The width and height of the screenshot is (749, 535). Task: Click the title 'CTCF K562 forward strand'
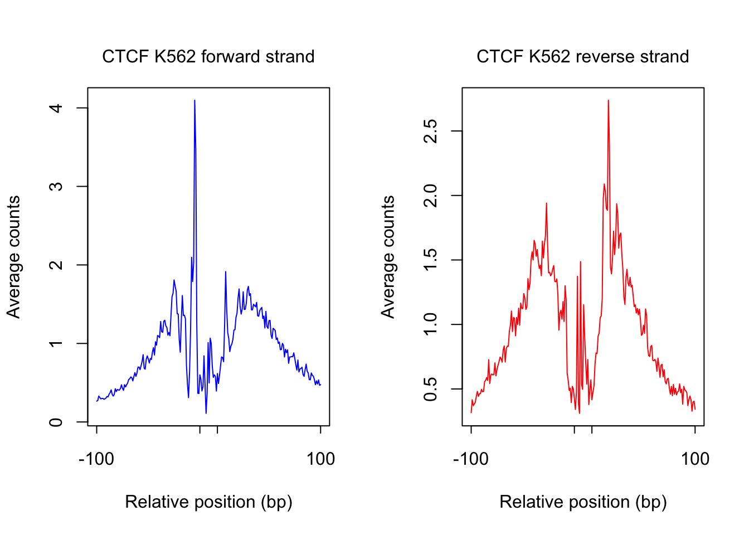coord(208,57)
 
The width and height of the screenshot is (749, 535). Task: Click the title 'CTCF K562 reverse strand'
coord(582,57)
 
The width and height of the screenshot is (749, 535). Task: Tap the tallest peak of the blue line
coord(194,101)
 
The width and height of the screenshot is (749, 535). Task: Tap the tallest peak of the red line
coord(608,101)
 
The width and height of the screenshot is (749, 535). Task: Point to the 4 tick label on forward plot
coord(56,108)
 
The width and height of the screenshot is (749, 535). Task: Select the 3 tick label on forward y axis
coord(56,186)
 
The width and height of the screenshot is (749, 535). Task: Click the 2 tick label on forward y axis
coord(56,265)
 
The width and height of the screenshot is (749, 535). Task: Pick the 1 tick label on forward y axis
coord(56,343)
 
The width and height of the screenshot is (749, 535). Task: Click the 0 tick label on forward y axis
coord(56,422)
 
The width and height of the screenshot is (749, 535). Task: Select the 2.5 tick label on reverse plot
coord(430,131)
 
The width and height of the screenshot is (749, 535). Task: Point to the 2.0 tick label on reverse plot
coord(430,196)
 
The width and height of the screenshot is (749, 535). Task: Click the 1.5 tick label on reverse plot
coord(430,260)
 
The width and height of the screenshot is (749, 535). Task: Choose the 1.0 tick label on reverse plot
coord(430,324)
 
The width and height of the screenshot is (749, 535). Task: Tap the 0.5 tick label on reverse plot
coord(430,389)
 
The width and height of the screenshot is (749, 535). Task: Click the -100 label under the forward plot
coord(96,459)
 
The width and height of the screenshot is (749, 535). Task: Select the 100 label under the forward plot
coord(320,459)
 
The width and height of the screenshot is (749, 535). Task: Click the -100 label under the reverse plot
coord(471,459)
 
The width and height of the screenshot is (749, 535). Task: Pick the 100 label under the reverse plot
coord(695,459)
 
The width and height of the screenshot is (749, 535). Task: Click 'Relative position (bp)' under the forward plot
coord(208,502)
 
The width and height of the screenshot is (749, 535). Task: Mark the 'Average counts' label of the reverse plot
coord(388,257)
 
